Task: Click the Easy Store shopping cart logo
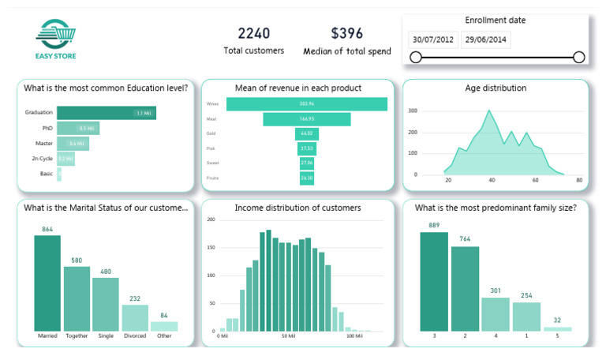(x=56, y=36)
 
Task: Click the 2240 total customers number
(x=253, y=33)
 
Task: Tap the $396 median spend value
(x=346, y=33)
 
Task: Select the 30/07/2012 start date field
(x=432, y=39)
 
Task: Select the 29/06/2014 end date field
(x=485, y=39)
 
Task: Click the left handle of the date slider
(x=416, y=57)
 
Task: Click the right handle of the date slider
(x=578, y=57)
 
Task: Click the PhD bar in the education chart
(x=77, y=128)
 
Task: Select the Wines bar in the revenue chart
(x=307, y=104)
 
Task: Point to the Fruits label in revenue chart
(x=211, y=178)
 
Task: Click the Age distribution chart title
(x=496, y=88)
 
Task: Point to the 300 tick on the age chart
(x=412, y=111)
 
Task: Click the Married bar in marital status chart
(x=47, y=283)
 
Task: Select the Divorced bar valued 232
(x=135, y=317)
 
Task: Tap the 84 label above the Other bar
(x=164, y=315)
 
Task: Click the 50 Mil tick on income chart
(x=288, y=336)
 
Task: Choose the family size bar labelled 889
(x=434, y=281)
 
